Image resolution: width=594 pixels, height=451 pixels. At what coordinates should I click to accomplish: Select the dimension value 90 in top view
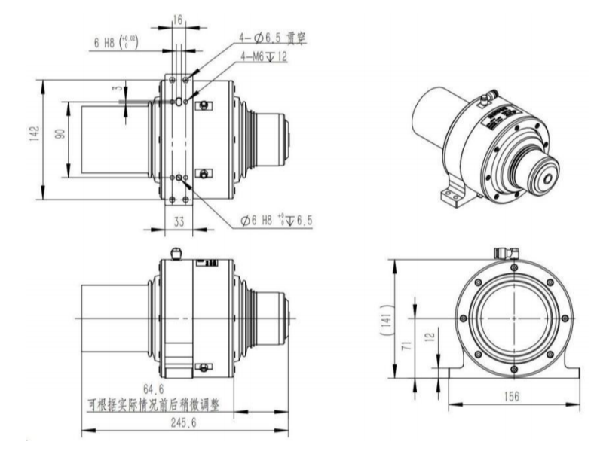point(60,136)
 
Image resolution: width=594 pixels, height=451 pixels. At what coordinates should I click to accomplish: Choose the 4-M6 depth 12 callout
point(265,56)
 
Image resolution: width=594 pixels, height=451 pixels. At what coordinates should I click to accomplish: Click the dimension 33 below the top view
point(178,223)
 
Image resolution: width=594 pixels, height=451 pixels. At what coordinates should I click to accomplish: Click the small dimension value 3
point(115,89)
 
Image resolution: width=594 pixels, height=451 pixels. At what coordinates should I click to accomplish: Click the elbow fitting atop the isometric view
point(488,96)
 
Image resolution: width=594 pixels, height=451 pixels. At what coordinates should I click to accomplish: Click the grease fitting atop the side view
point(175,253)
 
